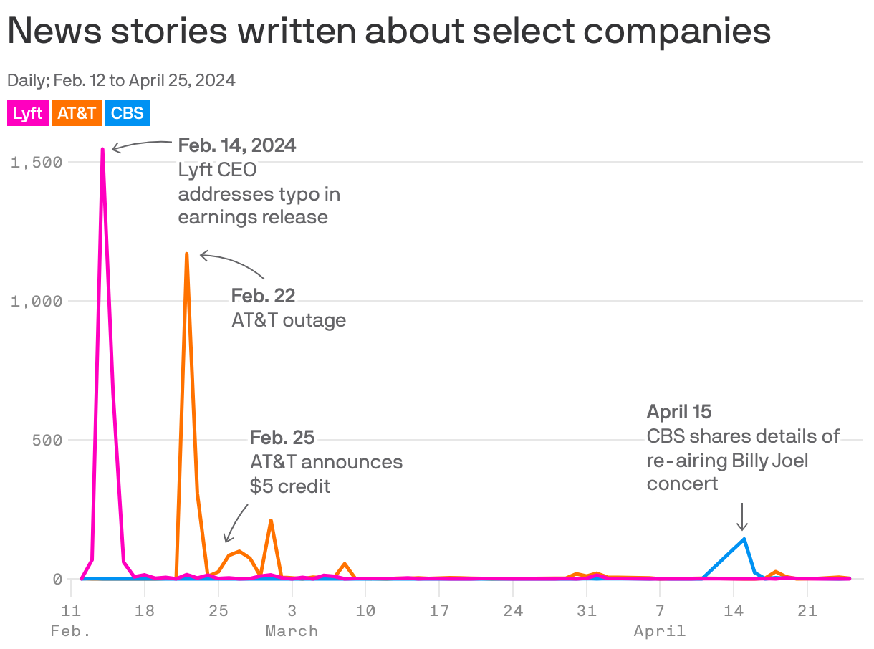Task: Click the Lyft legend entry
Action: click(x=28, y=114)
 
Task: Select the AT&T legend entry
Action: click(x=77, y=114)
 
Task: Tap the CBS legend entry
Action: click(x=127, y=114)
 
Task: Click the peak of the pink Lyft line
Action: click(x=102, y=149)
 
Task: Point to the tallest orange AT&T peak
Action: click(x=186, y=254)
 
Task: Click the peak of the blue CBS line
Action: click(x=744, y=539)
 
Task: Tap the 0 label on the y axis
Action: click(x=57, y=579)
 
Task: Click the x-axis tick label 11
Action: click(x=71, y=611)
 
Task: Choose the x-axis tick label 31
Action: click(x=586, y=611)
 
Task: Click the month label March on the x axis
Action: click(x=292, y=631)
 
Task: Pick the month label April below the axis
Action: click(x=659, y=631)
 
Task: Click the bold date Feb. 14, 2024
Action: click(x=237, y=145)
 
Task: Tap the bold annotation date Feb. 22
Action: click(x=263, y=295)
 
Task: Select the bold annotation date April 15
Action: click(x=679, y=412)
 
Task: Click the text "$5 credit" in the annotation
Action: click(x=290, y=486)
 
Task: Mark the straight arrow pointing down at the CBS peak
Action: click(x=743, y=516)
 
